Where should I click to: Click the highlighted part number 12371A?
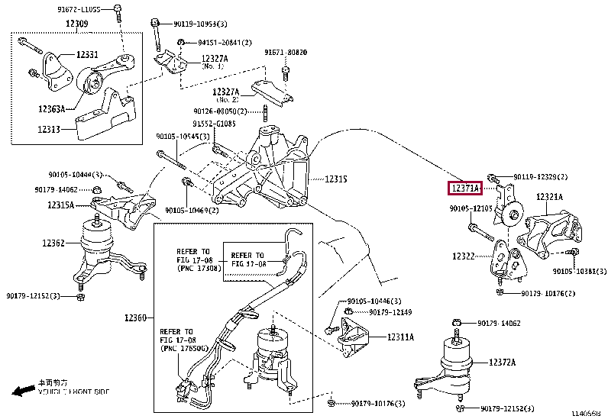tap(464, 188)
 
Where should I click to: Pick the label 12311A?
tap(399, 336)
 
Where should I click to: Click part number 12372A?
tap(503, 362)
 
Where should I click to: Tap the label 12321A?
tap(548, 197)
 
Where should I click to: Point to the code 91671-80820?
tap(286, 53)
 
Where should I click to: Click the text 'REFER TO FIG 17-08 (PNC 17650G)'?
tap(179, 338)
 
